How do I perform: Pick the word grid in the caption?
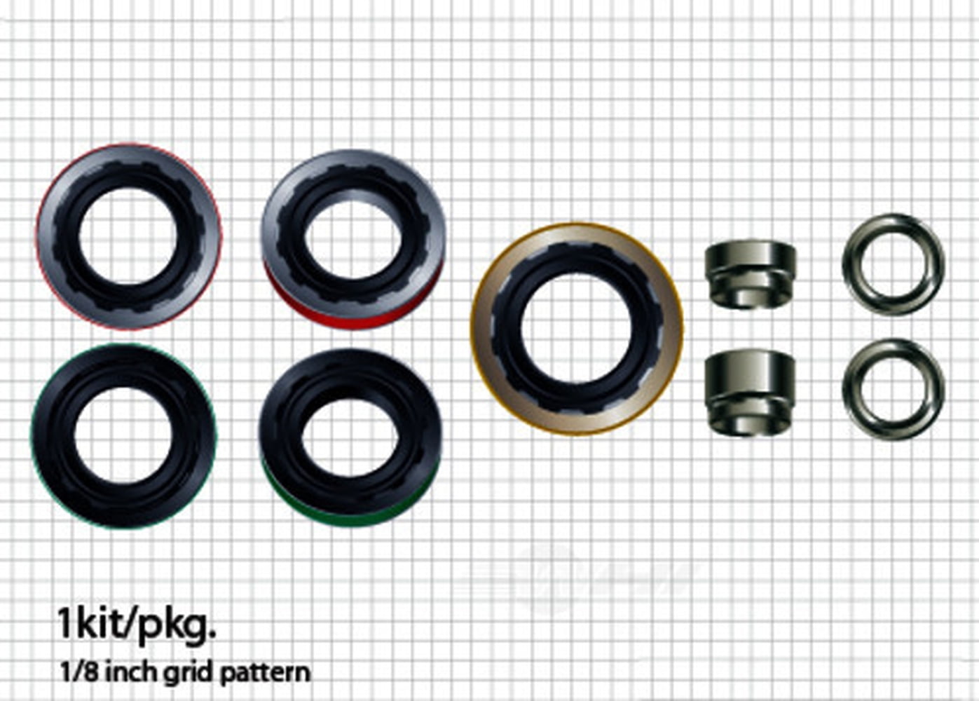tap(188, 674)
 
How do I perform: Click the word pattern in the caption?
tap(264, 674)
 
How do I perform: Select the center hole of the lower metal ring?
tap(893, 390)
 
